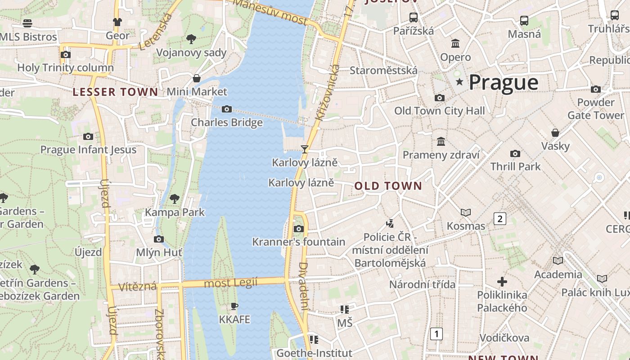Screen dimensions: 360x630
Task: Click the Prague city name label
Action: [x=504, y=83]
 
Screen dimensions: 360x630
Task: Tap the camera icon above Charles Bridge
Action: [x=227, y=109]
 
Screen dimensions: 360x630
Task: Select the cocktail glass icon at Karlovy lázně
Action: [x=305, y=149]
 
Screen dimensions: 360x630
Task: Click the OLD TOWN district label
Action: [x=388, y=186]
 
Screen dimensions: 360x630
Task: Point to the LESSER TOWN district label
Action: [x=116, y=92]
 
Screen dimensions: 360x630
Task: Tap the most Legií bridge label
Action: [x=231, y=283]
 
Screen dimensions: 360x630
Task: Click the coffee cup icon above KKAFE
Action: [x=234, y=306]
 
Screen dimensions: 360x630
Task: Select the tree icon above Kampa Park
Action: [x=175, y=198]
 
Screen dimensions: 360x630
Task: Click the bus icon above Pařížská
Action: [x=413, y=18]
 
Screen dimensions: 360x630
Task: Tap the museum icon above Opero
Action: [x=455, y=44]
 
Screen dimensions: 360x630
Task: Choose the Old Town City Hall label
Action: [x=440, y=111]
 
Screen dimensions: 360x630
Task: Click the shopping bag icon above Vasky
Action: [x=555, y=133]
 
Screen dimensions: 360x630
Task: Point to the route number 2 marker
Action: [x=499, y=219]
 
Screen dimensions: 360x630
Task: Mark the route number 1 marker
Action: [x=436, y=334]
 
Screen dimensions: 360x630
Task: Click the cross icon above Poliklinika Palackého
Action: [x=502, y=282]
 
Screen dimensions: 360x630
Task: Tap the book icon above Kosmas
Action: [x=466, y=212]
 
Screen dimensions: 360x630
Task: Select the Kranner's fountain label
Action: [x=299, y=242]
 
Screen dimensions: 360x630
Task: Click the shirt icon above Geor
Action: [x=117, y=22]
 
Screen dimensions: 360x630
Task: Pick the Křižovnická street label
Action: [x=328, y=92]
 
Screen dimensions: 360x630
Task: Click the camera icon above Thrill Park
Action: [x=515, y=153]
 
